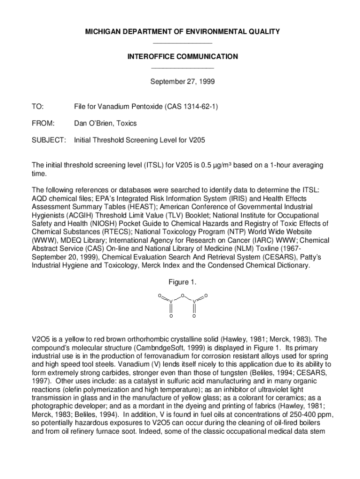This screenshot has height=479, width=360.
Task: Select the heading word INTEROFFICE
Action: click(149, 57)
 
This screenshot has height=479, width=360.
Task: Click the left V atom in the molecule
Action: click(171, 302)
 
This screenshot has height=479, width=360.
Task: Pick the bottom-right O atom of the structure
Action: click(194, 316)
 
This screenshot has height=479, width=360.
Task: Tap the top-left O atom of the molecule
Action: click(159, 296)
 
